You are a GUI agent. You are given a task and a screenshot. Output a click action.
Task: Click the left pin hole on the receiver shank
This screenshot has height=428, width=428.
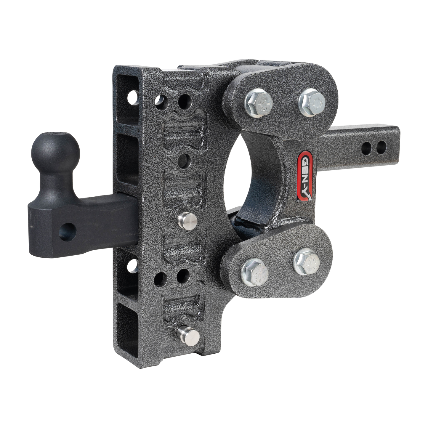tap(368, 146)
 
